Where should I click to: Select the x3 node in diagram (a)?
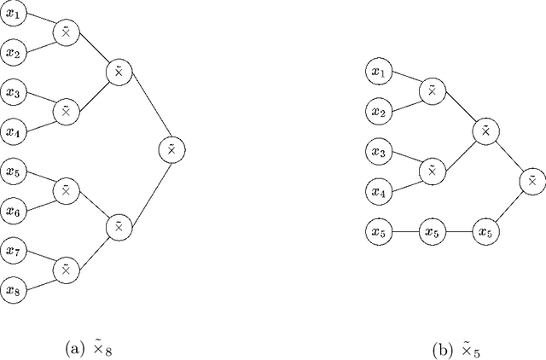(13, 91)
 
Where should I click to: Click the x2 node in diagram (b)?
(378, 112)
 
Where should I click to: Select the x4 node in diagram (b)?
(378, 191)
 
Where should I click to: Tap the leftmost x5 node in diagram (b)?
(378, 231)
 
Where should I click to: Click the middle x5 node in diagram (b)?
(432, 231)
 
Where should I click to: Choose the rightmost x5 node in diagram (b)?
(485, 231)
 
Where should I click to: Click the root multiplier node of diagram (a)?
(171, 150)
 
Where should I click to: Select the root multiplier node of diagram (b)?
(531, 181)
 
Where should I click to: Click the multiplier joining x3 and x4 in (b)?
(432, 171)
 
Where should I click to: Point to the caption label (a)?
(88, 349)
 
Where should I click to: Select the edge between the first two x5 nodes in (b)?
(404, 231)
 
